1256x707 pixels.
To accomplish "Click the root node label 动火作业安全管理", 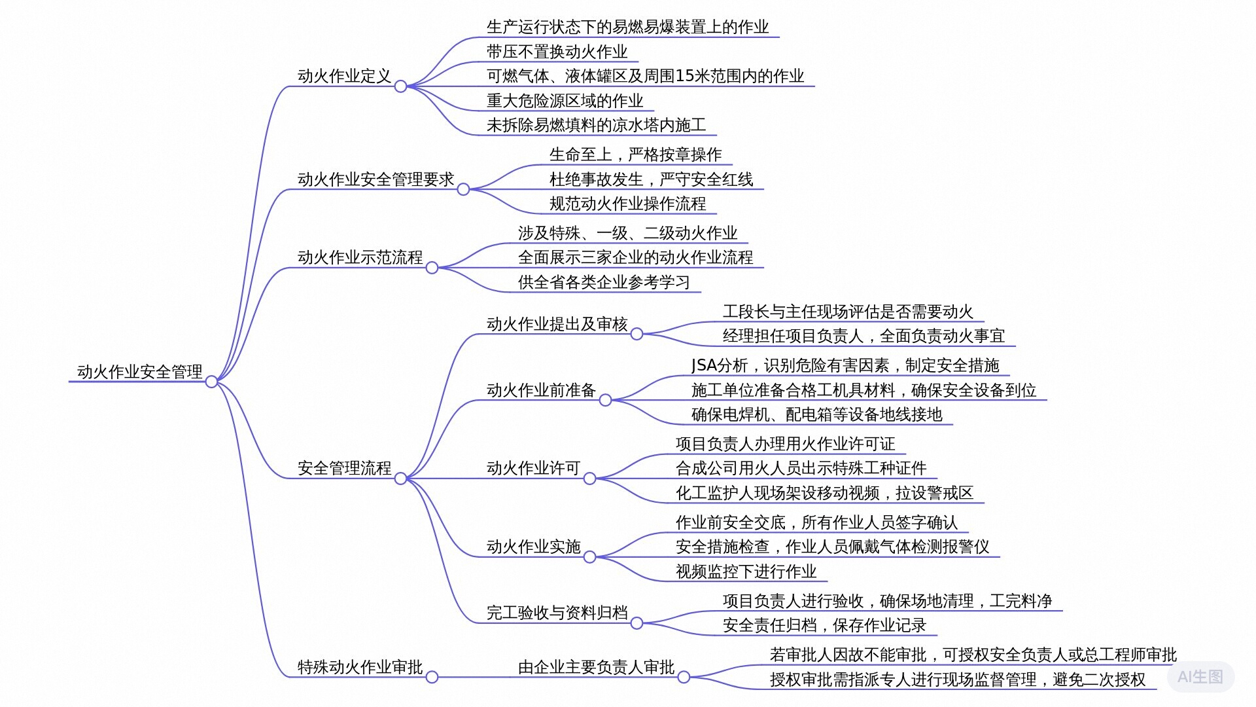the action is [x=140, y=372].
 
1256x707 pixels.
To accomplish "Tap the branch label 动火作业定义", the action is [x=344, y=76].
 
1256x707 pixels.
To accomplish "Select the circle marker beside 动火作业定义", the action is [x=400, y=86].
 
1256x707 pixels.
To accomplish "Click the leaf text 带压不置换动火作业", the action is [x=557, y=52].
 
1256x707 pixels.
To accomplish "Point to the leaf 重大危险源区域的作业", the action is [x=565, y=101].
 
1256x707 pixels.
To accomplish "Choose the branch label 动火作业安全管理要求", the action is [x=375, y=179].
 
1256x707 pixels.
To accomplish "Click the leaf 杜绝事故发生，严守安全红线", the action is [x=652, y=179].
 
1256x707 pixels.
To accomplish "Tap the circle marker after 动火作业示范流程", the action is [x=432, y=268].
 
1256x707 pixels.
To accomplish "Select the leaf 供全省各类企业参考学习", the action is [x=604, y=282].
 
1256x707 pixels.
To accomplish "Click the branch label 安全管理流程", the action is [x=344, y=468].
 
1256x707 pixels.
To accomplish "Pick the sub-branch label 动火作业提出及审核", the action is [x=557, y=324].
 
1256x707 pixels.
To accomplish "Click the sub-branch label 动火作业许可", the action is [x=534, y=468].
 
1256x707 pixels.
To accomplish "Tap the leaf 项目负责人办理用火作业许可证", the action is [x=786, y=444].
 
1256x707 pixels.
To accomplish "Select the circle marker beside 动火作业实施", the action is [x=589, y=557].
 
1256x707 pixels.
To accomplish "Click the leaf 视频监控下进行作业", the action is [x=746, y=571].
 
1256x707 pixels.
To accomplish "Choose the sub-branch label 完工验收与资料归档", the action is [x=557, y=613].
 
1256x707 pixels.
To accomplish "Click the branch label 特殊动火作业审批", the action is [x=360, y=667].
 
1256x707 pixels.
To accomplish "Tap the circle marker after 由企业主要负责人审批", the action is [x=684, y=677].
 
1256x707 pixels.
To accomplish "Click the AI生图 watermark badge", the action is [x=1200, y=677].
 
